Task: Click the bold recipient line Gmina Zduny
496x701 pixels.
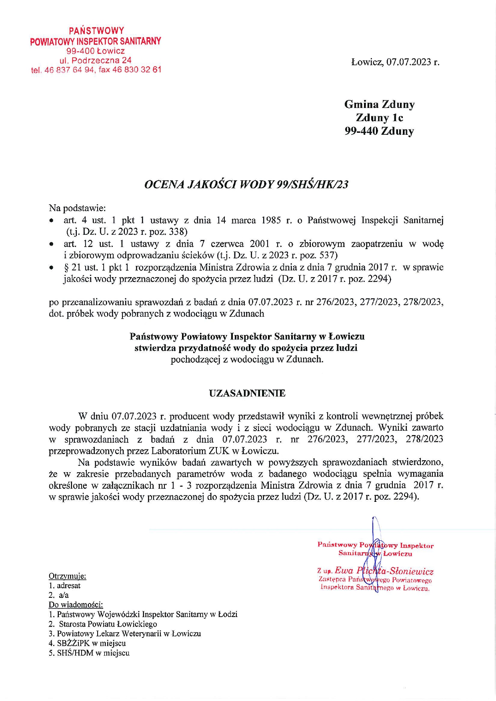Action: tap(379, 104)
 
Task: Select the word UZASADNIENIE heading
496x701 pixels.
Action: tap(247, 393)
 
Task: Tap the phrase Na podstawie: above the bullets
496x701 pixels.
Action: tap(77, 208)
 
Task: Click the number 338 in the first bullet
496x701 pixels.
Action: tap(180, 232)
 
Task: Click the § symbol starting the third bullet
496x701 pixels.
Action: tap(66, 267)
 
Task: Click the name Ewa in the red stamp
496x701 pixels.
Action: tap(344, 571)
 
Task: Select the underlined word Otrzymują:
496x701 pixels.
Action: tap(67, 576)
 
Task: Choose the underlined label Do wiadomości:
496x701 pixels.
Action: tap(76, 605)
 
